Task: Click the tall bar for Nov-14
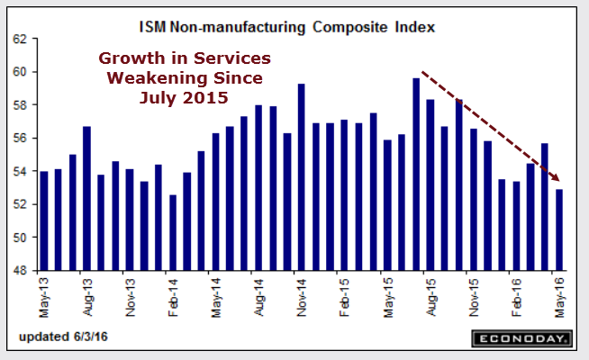click(301, 176)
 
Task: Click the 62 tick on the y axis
click(24, 40)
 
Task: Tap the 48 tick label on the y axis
click(24, 271)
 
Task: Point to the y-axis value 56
click(24, 139)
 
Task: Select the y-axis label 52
click(24, 204)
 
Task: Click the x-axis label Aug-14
click(259, 295)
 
